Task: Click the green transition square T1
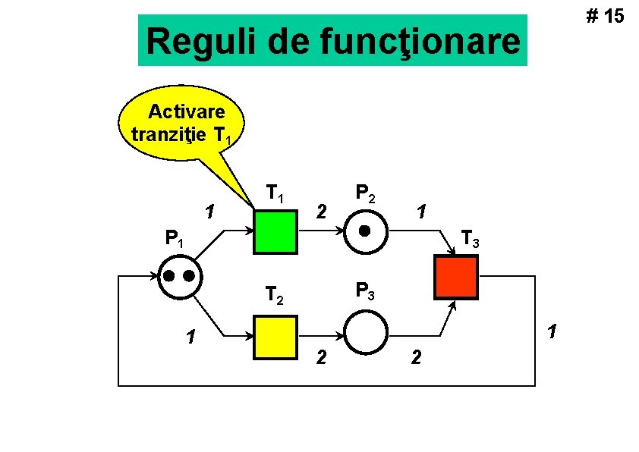tap(275, 231)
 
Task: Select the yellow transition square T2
tap(275, 334)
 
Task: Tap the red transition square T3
tap(455, 278)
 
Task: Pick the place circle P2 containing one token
tap(367, 231)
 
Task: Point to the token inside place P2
tap(365, 231)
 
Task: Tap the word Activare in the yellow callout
tap(187, 112)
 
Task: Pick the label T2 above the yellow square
tap(274, 293)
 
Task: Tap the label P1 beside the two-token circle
tap(174, 241)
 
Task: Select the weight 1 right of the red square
tap(552, 331)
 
